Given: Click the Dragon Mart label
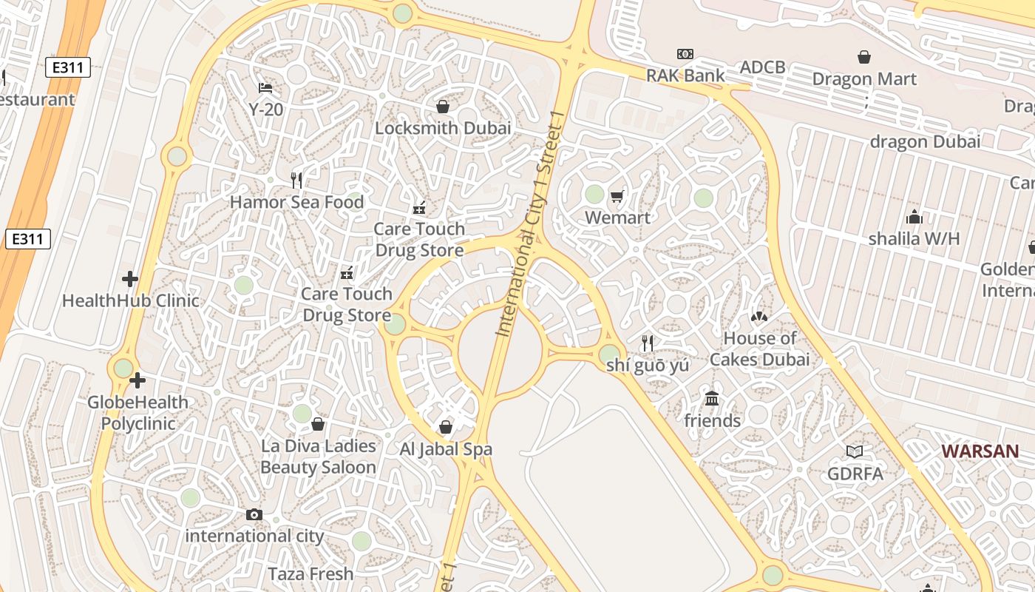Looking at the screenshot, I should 863,79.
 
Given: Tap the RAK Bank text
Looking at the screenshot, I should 685,75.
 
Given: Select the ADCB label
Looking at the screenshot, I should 762,67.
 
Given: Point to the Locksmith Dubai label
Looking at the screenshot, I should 443,128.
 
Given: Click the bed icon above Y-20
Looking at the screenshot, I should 266,88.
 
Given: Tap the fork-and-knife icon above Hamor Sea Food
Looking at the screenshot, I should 296,180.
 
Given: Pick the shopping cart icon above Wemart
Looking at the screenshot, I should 617,196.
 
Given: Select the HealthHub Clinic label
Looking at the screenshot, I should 131,300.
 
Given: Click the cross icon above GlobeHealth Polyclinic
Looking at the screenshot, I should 138,381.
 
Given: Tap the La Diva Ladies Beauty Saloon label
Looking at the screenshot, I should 318,457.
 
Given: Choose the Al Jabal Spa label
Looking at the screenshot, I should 446,449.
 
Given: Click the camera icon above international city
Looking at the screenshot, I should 254,514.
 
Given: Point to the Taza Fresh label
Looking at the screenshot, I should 310,573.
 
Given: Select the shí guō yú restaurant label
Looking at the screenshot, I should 648,365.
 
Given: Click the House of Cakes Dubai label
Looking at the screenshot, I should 759,349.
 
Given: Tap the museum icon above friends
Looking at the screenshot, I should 712,399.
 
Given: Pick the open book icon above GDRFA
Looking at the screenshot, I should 855,451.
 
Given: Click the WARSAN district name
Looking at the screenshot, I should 980,451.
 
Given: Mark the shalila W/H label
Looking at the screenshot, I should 914,238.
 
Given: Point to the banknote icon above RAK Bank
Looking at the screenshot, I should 685,54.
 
